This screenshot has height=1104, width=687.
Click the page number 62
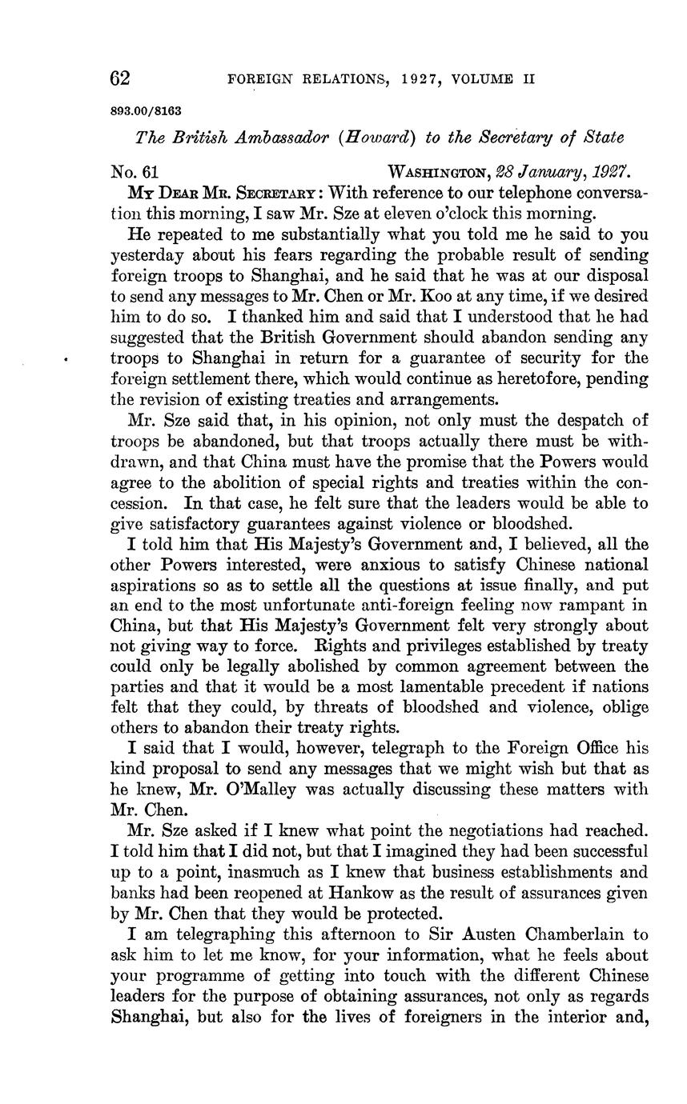click(120, 78)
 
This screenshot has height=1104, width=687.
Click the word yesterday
click(148, 255)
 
